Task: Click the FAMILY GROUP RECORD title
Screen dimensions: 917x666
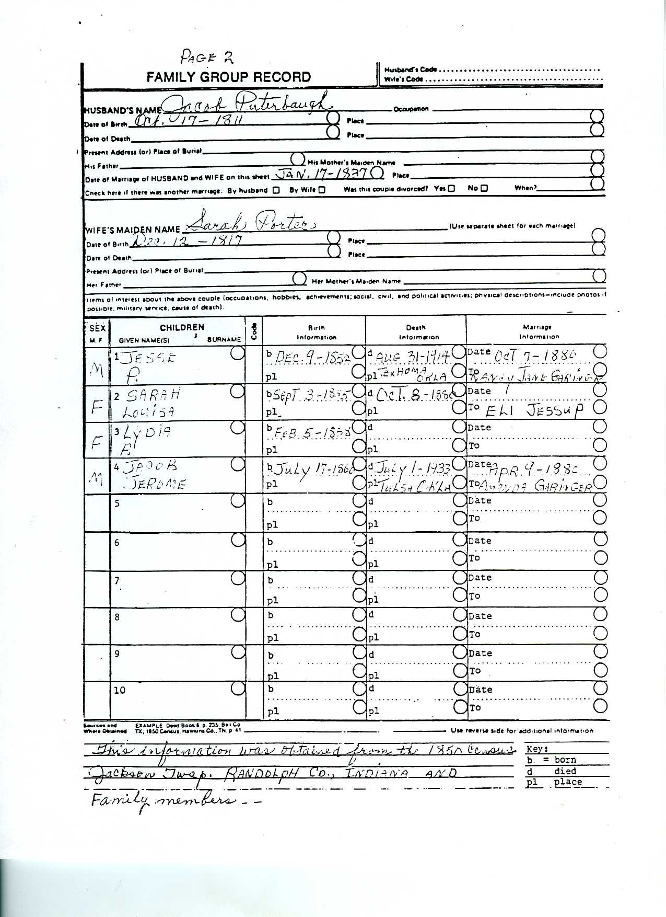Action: [228, 77]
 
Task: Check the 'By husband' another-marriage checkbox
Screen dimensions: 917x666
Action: [276, 190]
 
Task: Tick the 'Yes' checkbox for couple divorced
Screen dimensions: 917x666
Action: [451, 188]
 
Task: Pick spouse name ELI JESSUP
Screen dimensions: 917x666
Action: [533, 410]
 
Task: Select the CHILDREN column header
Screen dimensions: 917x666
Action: [182, 328]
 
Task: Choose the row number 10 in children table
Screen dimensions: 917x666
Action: [120, 690]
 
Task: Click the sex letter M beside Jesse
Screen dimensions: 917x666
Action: [96, 370]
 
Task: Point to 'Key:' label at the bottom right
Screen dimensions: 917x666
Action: [538, 749]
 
